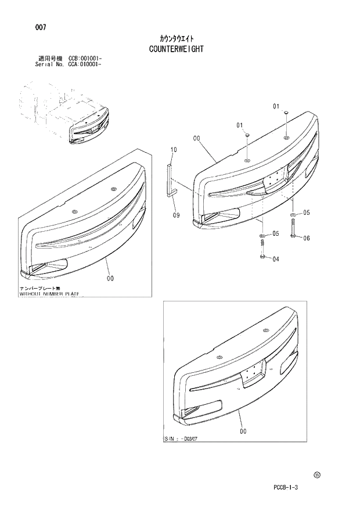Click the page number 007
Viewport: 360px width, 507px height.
[41, 27]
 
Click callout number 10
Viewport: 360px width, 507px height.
[172, 150]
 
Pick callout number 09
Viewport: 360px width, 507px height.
[176, 215]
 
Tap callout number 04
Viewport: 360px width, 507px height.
[275, 259]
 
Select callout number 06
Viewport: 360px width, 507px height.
[306, 238]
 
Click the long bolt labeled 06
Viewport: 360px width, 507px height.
[294, 227]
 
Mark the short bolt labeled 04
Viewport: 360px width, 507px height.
[263, 250]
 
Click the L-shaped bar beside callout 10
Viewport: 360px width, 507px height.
[170, 180]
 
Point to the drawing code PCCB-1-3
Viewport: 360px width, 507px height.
[286, 487]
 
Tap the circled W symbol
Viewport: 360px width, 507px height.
[316, 474]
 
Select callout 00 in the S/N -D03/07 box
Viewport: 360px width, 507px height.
[243, 431]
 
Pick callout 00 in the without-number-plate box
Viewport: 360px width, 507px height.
[110, 278]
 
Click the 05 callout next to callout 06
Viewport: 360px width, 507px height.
[306, 213]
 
